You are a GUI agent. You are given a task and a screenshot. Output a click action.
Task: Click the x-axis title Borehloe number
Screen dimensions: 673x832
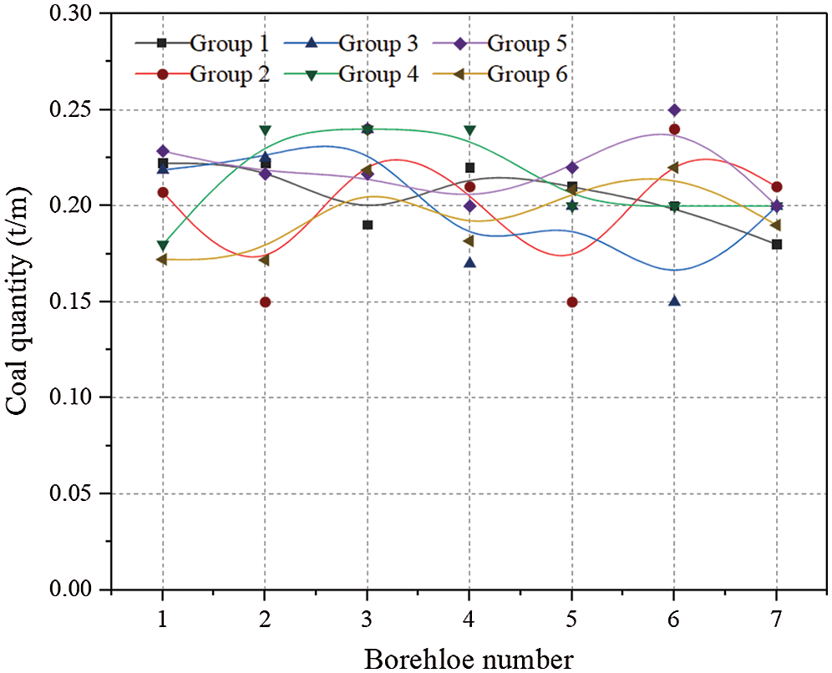[469, 659]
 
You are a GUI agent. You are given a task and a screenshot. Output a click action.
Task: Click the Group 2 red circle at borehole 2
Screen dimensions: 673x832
[265, 302]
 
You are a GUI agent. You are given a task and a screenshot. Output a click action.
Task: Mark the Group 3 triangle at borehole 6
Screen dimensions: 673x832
[674, 301]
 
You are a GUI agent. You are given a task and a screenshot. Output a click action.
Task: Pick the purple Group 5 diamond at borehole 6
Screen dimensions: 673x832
[674, 110]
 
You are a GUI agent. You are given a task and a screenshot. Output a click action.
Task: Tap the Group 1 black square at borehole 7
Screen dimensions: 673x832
[777, 245]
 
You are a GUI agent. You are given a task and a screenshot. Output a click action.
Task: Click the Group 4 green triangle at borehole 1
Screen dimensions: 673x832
[162, 245]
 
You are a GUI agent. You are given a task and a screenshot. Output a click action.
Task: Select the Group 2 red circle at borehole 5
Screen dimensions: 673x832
[572, 302]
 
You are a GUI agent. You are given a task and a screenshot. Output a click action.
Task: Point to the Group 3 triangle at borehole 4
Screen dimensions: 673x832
[469, 263]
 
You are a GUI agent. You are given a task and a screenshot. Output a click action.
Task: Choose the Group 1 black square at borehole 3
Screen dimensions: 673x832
[367, 225]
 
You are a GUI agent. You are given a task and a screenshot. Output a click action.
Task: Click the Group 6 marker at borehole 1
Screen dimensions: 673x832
[162, 260]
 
